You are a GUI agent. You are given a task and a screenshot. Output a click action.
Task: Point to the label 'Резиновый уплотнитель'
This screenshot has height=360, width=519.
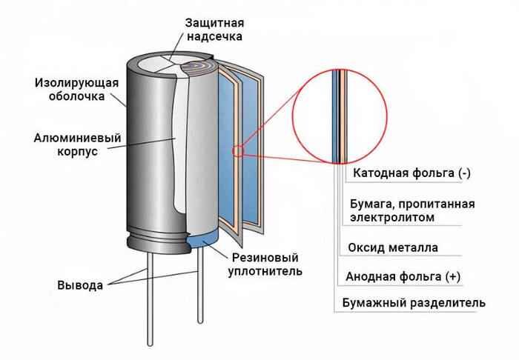pos(261,264)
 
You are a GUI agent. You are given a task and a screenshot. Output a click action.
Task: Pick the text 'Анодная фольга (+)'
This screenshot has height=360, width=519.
pos(403,276)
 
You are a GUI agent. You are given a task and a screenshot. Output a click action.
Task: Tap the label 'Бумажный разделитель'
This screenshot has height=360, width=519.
pos(414,303)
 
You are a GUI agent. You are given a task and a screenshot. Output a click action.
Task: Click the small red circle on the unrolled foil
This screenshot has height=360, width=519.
pos(239,152)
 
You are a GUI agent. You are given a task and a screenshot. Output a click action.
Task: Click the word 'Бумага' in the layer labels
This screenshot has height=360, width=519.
pos(372,204)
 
